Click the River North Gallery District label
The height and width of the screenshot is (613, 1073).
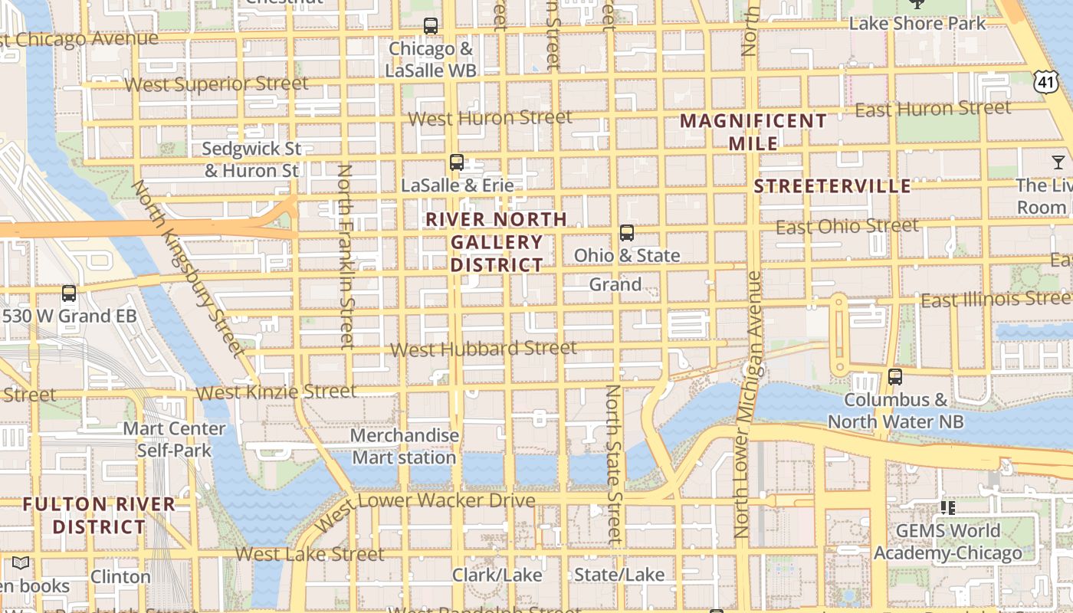pos(497,242)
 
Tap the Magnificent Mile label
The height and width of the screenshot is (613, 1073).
pos(753,132)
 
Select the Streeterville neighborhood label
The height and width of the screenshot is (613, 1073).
pos(832,186)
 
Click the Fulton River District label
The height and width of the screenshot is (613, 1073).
pos(99,516)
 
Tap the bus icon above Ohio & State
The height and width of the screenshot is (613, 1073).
pos(627,233)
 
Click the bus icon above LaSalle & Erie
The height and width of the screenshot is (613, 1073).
pos(457,162)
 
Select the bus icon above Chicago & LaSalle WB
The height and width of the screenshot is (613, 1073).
pos(431,26)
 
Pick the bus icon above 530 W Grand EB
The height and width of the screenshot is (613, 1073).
pos(69,293)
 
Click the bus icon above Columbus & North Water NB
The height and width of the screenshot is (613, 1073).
pos(895,377)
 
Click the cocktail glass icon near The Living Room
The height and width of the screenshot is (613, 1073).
pos(1058,162)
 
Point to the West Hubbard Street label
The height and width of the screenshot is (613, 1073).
pos(483,349)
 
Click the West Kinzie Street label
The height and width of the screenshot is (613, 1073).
pos(276,392)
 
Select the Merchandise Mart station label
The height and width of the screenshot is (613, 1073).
pos(405,447)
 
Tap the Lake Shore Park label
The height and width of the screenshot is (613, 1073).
pos(917,24)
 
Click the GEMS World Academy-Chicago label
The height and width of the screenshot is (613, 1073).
pos(948,542)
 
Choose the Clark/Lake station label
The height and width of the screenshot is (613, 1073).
pos(497,575)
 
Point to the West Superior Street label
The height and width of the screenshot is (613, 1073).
pos(216,84)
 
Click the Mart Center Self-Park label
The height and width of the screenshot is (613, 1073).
pos(174,439)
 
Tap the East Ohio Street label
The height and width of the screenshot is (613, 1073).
pos(847,227)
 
